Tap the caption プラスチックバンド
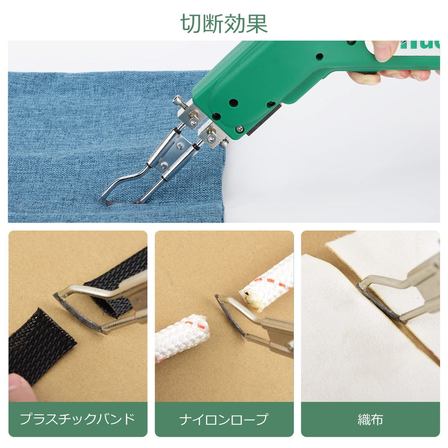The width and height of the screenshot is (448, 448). (78, 419)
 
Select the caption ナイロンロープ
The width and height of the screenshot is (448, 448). (224, 419)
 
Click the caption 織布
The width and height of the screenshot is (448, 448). (370, 419)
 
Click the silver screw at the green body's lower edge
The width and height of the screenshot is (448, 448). (240, 129)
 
